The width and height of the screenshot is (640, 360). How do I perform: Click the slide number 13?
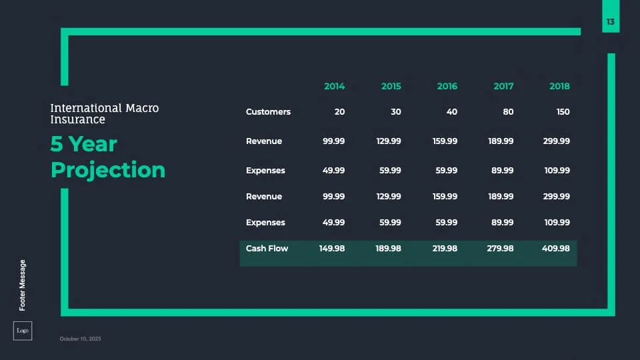click(610, 21)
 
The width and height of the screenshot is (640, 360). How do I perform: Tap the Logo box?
click(23, 331)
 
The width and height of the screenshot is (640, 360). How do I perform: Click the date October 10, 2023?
click(80, 339)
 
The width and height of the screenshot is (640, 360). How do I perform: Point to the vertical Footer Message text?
click(23, 285)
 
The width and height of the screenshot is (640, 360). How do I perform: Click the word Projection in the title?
click(108, 170)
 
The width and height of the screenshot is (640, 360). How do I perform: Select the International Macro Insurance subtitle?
click(105, 113)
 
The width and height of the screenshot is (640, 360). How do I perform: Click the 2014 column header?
click(334, 86)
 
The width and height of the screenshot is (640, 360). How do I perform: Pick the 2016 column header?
click(447, 86)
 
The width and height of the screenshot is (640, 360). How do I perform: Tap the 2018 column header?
click(559, 86)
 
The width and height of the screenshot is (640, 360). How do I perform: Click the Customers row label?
click(268, 112)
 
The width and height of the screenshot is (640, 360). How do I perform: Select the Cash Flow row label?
click(267, 248)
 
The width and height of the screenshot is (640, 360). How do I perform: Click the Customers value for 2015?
click(395, 112)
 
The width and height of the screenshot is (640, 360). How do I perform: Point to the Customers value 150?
click(563, 112)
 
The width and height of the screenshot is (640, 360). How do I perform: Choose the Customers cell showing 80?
click(508, 112)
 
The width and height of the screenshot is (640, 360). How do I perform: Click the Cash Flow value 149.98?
click(332, 248)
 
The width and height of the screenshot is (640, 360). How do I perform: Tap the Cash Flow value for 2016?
click(445, 248)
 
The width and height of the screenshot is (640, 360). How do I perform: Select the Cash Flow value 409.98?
click(555, 248)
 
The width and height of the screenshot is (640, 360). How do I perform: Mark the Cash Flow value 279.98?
click(500, 248)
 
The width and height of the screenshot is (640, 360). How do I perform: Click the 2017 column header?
click(503, 86)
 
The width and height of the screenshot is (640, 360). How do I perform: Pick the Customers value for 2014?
click(339, 112)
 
